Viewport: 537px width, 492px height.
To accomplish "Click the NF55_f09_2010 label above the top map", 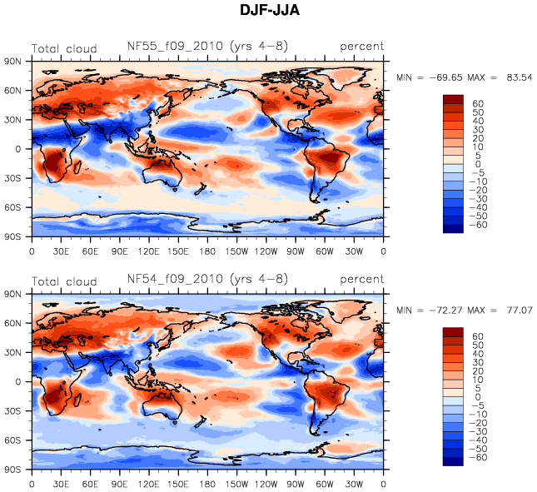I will pyautogui.click(x=174, y=47).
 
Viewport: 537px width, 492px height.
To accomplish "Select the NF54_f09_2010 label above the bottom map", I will pyautogui.click(x=174, y=279).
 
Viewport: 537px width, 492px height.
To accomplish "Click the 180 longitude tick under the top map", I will pyautogui.click(x=207, y=251).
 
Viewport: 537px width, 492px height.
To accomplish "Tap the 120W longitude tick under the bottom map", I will pyautogui.click(x=266, y=484).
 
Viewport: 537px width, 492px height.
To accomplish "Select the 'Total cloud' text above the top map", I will pyautogui.click(x=64, y=48).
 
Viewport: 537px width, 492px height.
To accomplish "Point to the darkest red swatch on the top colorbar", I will pyautogui.click(x=453, y=99).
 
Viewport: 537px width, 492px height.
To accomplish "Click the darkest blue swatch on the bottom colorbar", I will pyautogui.click(x=453, y=462).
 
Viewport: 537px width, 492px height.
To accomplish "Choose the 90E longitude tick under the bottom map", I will pyautogui.click(x=119, y=484).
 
